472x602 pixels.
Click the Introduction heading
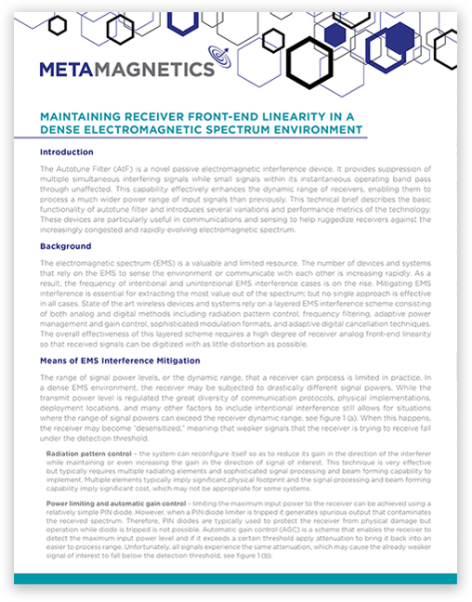pyautogui.click(x=66, y=151)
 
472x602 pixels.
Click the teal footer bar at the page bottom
pyautogui.click(x=235, y=579)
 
